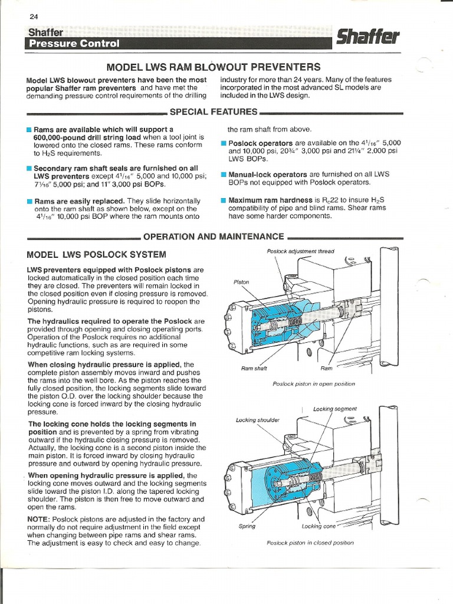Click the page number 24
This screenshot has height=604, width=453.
pyautogui.click(x=33, y=16)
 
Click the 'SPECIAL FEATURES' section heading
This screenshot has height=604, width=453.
pyautogui.click(x=214, y=111)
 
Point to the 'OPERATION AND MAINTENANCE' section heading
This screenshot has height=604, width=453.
pyautogui.click(x=214, y=237)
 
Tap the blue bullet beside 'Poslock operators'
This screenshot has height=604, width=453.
pyautogui.click(x=224, y=143)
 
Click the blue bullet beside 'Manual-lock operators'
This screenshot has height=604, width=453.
pyautogui.click(x=224, y=175)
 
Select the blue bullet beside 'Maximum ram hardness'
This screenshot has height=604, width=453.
pyautogui.click(x=224, y=200)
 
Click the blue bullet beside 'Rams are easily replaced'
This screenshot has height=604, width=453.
pyautogui.click(x=29, y=201)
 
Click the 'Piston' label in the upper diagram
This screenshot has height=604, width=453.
pyautogui.click(x=241, y=282)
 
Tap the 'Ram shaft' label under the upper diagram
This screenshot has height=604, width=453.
pyautogui.click(x=254, y=368)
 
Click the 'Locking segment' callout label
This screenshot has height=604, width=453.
pyautogui.click(x=334, y=409)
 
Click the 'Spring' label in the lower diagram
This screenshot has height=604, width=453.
pyautogui.click(x=247, y=526)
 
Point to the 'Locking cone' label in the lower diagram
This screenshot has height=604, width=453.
pyautogui.click(x=319, y=526)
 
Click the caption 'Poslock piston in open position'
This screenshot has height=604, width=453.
pyautogui.click(x=313, y=384)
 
